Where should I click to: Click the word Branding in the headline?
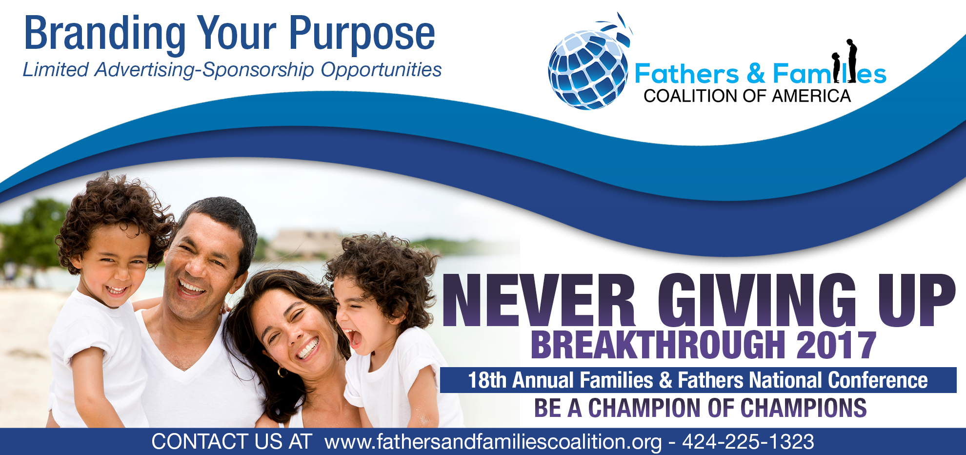(105, 34)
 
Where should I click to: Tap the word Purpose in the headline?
(362, 34)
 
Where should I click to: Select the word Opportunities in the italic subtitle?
(381, 70)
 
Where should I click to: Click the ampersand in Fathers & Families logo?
(756, 74)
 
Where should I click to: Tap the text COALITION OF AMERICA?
(747, 96)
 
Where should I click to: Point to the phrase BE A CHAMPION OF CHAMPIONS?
(700, 408)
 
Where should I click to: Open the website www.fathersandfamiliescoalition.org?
(493, 442)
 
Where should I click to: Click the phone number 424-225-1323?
(748, 442)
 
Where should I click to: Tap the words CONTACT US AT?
(231, 442)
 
